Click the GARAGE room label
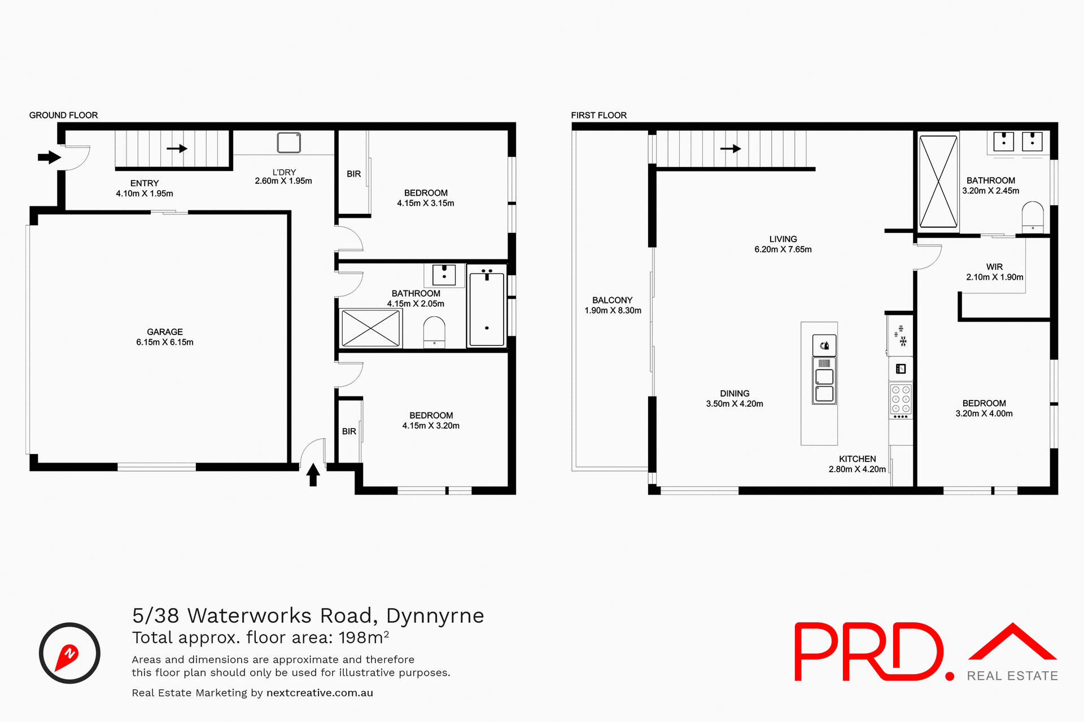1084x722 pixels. point(164,332)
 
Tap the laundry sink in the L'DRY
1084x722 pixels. point(289,143)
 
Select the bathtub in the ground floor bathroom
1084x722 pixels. point(486,307)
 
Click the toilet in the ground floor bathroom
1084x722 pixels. point(434,331)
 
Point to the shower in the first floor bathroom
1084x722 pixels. point(938,182)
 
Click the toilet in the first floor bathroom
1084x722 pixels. point(1033,216)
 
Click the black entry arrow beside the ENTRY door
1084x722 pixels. point(49,157)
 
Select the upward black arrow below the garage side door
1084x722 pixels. point(313,474)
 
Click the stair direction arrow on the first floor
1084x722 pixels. point(731,149)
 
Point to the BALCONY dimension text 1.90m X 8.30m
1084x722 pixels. point(613,311)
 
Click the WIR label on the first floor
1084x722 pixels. point(994,267)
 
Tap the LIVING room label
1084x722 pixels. point(783,239)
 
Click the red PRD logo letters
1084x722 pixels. point(869,651)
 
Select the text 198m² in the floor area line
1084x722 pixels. point(364,638)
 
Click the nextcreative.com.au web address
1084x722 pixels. point(320,693)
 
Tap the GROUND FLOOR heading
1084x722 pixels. point(63,115)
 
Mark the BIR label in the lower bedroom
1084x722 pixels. point(349,432)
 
